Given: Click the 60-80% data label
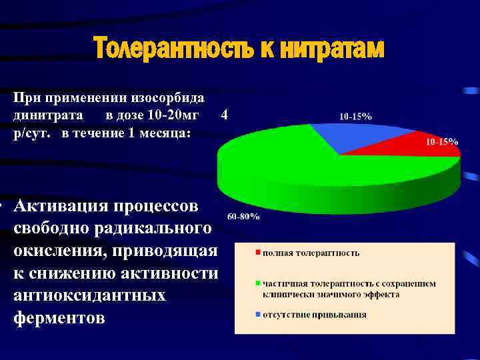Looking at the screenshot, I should (243, 217).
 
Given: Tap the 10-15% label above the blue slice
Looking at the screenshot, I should (355, 116).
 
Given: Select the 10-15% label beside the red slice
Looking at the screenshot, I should (441, 142).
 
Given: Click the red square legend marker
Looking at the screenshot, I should (256, 253).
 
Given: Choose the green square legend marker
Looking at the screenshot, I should (256, 284).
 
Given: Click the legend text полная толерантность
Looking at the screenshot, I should (311, 253).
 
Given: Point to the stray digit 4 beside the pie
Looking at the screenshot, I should (225, 115).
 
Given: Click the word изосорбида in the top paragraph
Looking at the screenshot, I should (166, 97).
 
